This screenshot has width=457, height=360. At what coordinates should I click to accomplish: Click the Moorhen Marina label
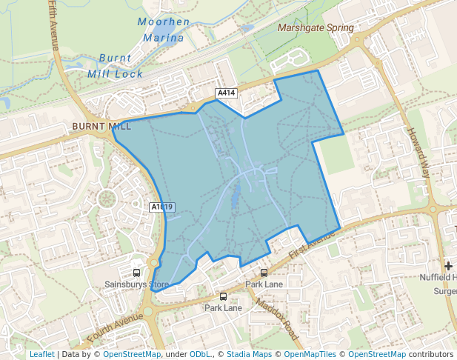click(164, 30)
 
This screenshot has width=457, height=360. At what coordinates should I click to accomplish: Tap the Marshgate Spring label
click(316, 28)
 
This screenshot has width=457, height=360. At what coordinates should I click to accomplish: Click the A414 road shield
click(226, 93)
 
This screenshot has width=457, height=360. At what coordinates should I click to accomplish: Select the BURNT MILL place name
click(101, 127)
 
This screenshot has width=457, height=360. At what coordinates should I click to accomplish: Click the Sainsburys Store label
click(136, 284)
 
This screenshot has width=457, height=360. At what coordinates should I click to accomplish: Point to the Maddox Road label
click(276, 319)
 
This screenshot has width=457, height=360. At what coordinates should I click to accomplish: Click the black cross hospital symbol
click(448, 265)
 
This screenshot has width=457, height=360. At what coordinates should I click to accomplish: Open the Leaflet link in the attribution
click(41, 354)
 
